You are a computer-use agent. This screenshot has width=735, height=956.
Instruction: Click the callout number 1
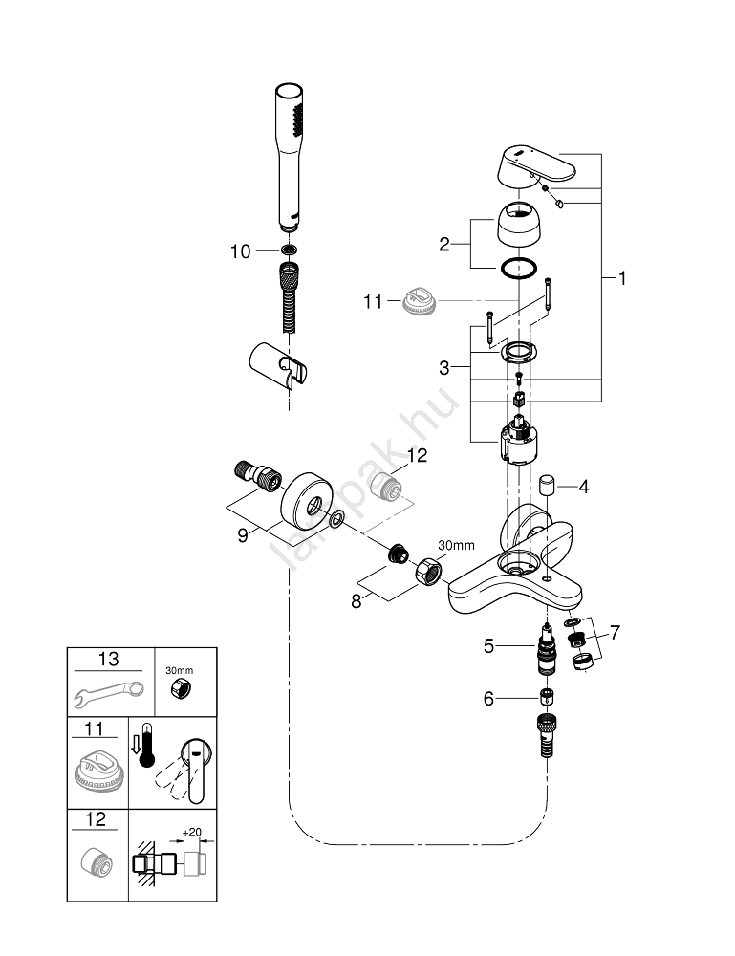pyautogui.click(x=622, y=278)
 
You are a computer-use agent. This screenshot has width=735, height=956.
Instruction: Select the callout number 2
pyautogui.click(x=443, y=244)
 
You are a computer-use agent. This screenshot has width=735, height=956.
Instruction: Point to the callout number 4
pyautogui.click(x=583, y=487)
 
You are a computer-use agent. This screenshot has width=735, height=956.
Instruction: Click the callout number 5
pyautogui.click(x=488, y=646)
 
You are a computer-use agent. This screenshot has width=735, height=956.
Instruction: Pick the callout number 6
pyautogui.click(x=488, y=699)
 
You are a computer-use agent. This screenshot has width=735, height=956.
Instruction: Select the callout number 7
pyautogui.click(x=615, y=632)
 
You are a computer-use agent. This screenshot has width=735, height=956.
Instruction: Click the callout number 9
pyautogui.click(x=242, y=535)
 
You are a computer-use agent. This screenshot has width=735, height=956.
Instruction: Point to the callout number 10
pyautogui.click(x=240, y=251)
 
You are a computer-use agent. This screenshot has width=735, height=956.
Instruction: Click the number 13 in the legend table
pyautogui.click(x=109, y=660)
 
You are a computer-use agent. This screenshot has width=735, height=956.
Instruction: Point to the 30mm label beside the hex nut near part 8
pyautogui.click(x=456, y=545)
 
